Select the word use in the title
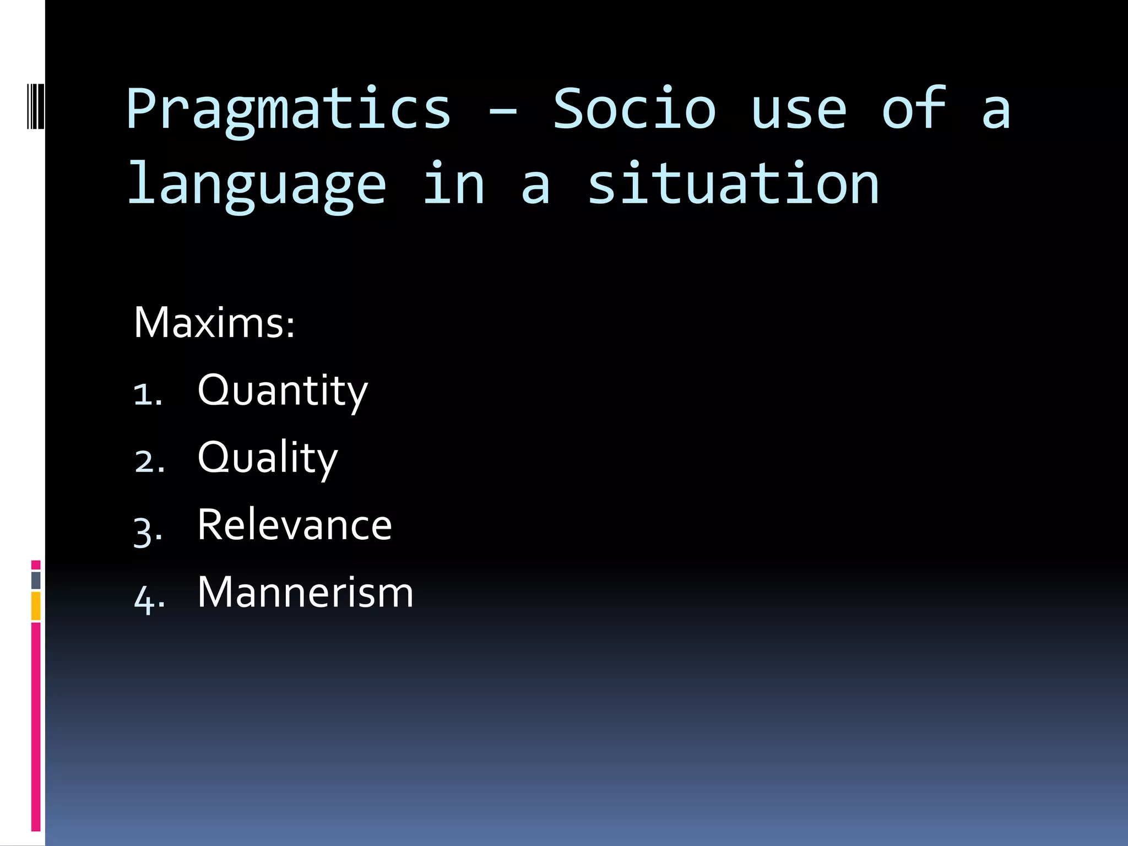point(799,110)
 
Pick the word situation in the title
point(733,185)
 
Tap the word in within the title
point(454,185)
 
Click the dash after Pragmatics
point(502,113)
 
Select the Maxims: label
point(214,323)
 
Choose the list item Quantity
point(283,391)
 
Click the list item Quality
point(268,458)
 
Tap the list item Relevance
point(294,525)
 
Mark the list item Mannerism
point(305,593)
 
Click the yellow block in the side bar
point(36,606)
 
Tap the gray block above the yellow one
point(36,580)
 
